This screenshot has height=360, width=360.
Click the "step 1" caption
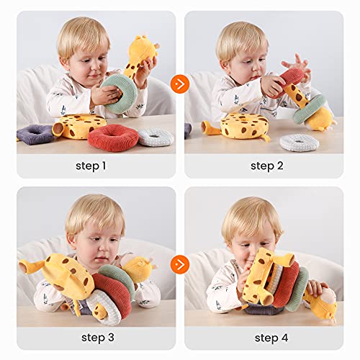[91, 166]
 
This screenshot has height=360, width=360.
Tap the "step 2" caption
[268, 166]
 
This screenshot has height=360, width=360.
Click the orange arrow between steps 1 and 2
[180, 84]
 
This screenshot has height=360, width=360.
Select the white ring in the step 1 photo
[156, 137]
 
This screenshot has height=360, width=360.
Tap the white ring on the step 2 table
[298, 142]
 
